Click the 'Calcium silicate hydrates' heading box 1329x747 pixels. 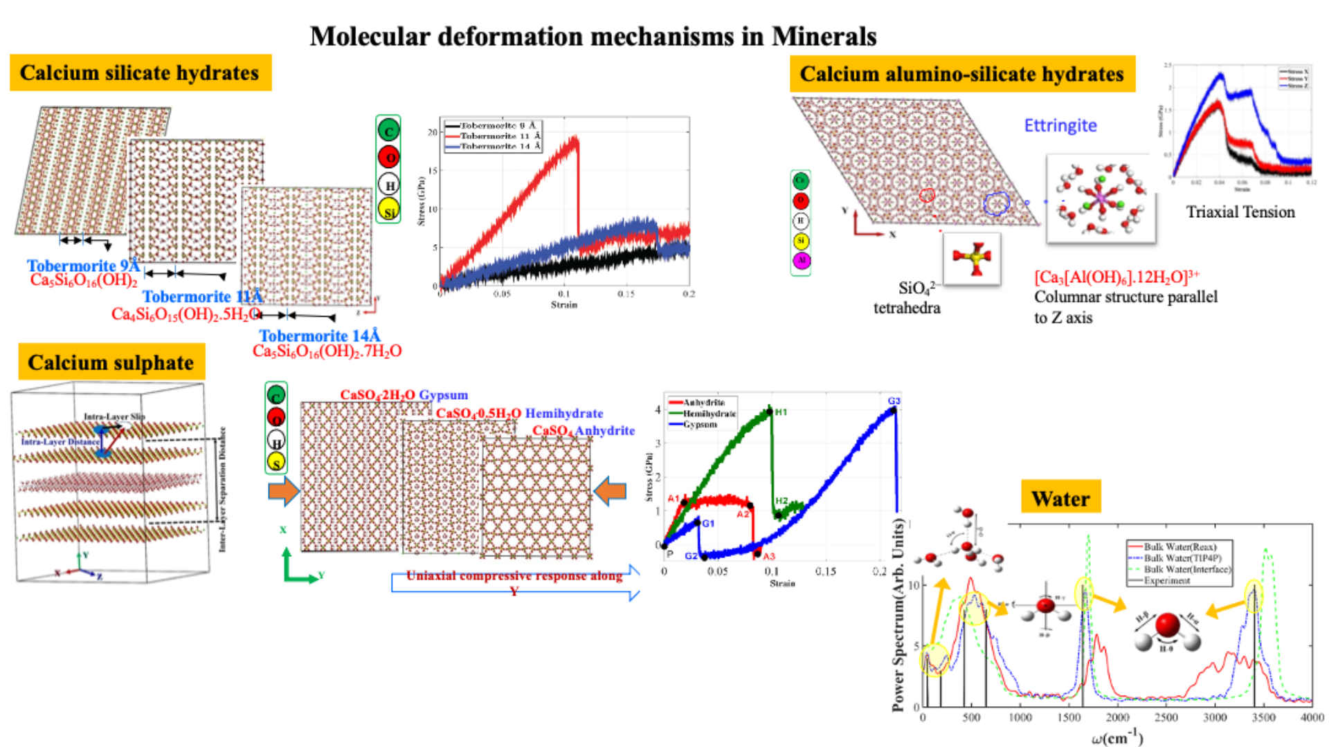(x=140, y=73)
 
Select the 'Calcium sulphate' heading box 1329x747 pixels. (x=111, y=362)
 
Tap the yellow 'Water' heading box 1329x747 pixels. (x=1060, y=498)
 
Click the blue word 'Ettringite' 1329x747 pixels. (x=1060, y=125)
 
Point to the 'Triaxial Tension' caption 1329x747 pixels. (x=1240, y=212)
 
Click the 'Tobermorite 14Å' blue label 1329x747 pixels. (x=319, y=336)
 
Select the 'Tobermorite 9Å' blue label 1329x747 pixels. (x=83, y=266)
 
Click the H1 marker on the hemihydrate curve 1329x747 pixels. (x=770, y=412)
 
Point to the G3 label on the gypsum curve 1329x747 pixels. (x=894, y=401)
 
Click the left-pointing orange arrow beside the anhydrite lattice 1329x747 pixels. (x=610, y=491)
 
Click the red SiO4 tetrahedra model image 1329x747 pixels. (x=971, y=258)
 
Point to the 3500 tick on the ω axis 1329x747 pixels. (x=1263, y=717)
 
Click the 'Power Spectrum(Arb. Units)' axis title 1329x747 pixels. (x=898, y=614)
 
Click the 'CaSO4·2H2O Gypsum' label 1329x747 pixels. (x=404, y=395)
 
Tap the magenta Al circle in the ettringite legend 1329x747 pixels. (x=801, y=261)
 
